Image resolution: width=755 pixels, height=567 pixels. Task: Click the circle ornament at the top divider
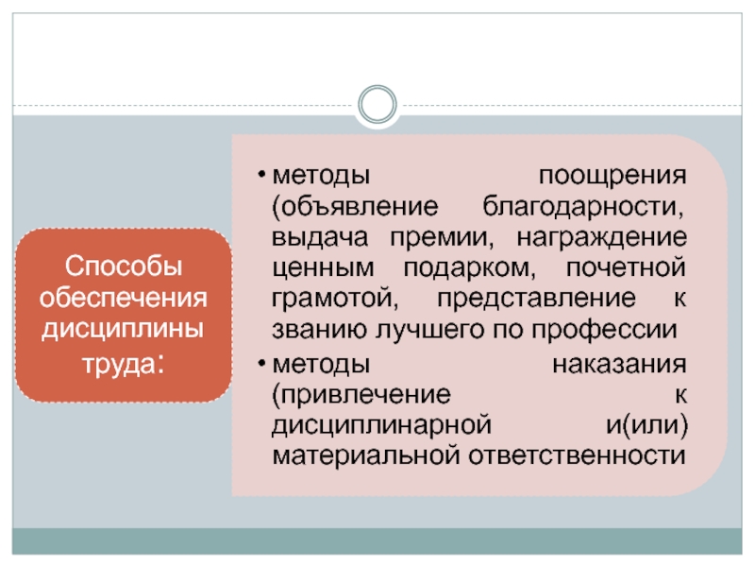coord(378,104)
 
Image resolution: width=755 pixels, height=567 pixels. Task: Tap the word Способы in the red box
coord(123,267)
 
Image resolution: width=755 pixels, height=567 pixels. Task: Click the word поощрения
coord(612,177)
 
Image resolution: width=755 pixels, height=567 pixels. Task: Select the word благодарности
coord(585,207)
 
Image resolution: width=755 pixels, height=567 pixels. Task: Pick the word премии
coord(439,237)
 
